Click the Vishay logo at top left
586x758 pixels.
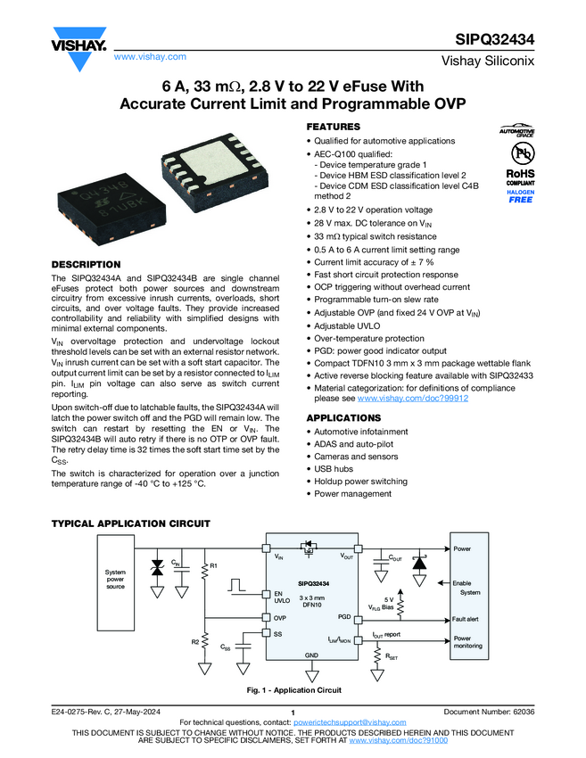(x=79, y=48)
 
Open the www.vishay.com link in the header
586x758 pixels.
(x=150, y=56)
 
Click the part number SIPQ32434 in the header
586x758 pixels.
(x=495, y=39)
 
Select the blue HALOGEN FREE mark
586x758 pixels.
(x=521, y=196)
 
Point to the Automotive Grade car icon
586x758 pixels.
(x=516, y=130)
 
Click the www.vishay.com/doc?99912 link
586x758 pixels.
(x=413, y=399)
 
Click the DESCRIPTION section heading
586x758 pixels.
(x=86, y=265)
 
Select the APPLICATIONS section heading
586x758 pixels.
(x=343, y=417)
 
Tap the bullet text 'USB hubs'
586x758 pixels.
(x=334, y=469)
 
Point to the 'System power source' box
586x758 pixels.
(x=116, y=582)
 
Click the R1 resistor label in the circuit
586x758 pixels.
(x=214, y=565)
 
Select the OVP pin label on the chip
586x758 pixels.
(x=280, y=618)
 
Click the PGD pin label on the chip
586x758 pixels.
(x=344, y=617)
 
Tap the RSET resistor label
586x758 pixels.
(x=392, y=657)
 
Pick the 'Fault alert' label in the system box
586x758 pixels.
(x=465, y=619)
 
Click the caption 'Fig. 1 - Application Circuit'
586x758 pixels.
(x=294, y=690)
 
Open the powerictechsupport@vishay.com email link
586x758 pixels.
(x=350, y=722)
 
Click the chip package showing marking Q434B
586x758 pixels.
(x=112, y=209)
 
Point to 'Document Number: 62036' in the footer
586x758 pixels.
(x=490, y=712)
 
